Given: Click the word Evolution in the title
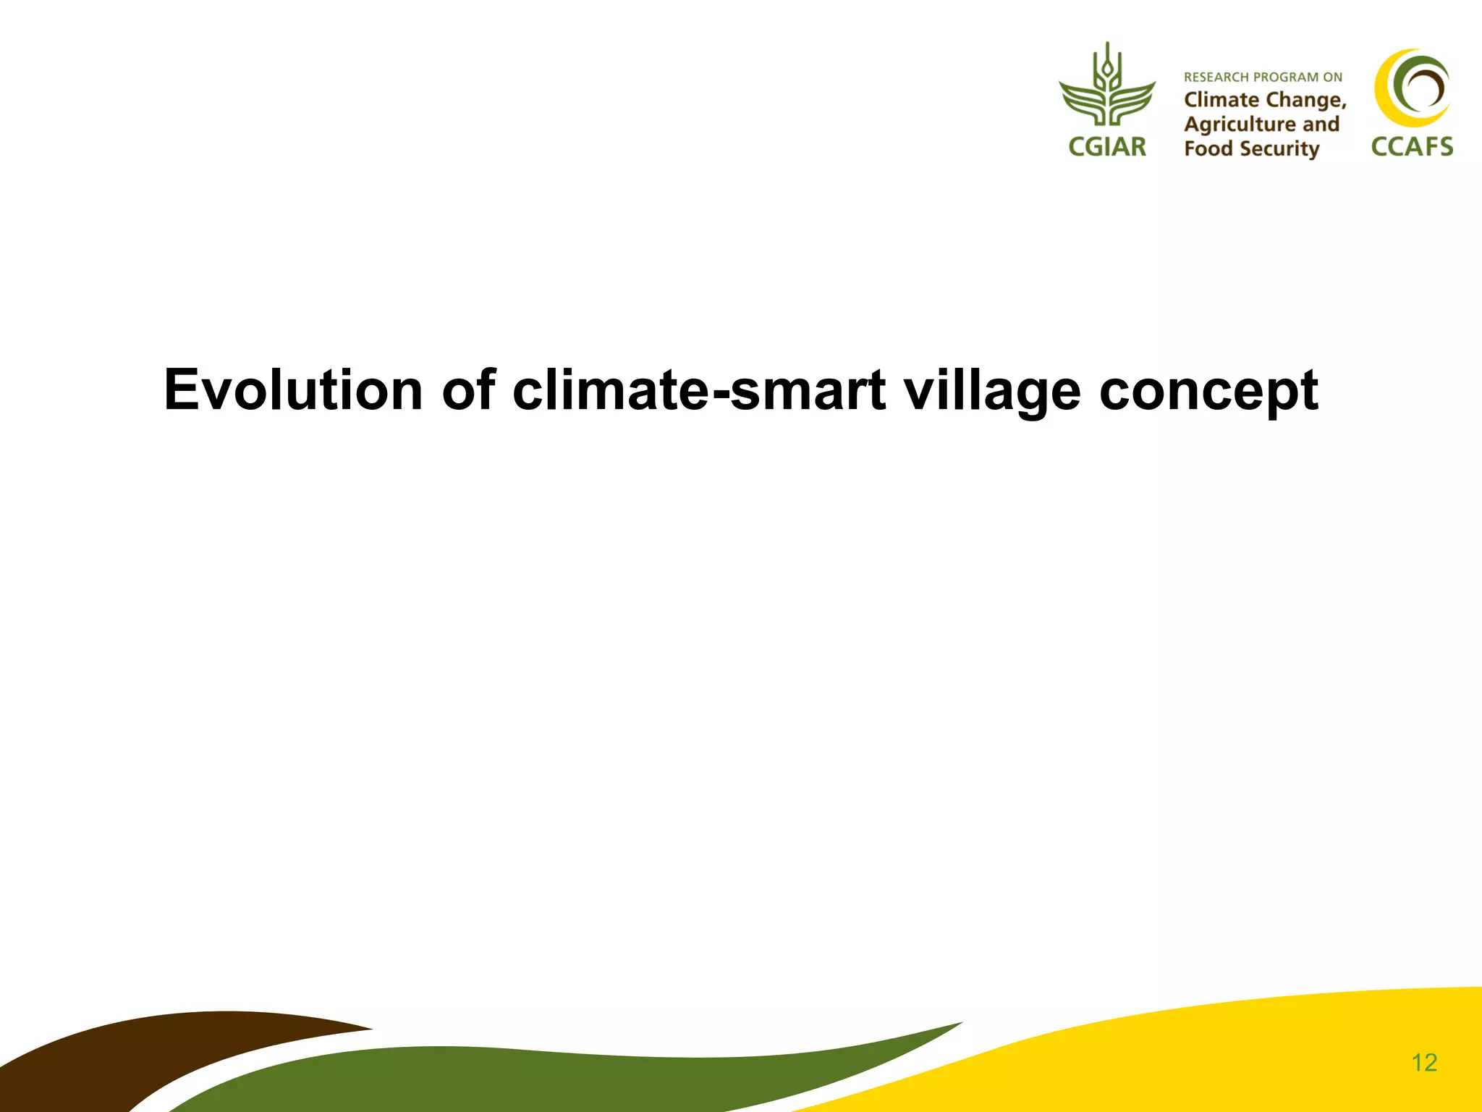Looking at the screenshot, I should (x=293, y=390).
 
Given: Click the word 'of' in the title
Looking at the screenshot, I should (x=468, y=390).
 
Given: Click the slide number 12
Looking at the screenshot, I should (x=1423, y=1063).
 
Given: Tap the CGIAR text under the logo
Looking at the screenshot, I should (x=1107, y=147).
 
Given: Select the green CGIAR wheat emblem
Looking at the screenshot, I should (x=1107, y=87).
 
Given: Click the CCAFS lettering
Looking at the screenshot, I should (x=1412, y=147).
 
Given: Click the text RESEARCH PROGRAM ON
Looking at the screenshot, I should (x=1263, y=77).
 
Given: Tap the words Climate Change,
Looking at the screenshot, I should (x=1265, y=100).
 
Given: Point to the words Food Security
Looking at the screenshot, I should (x=1252, y=149).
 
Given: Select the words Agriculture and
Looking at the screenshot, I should (x=1261, y=125).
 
